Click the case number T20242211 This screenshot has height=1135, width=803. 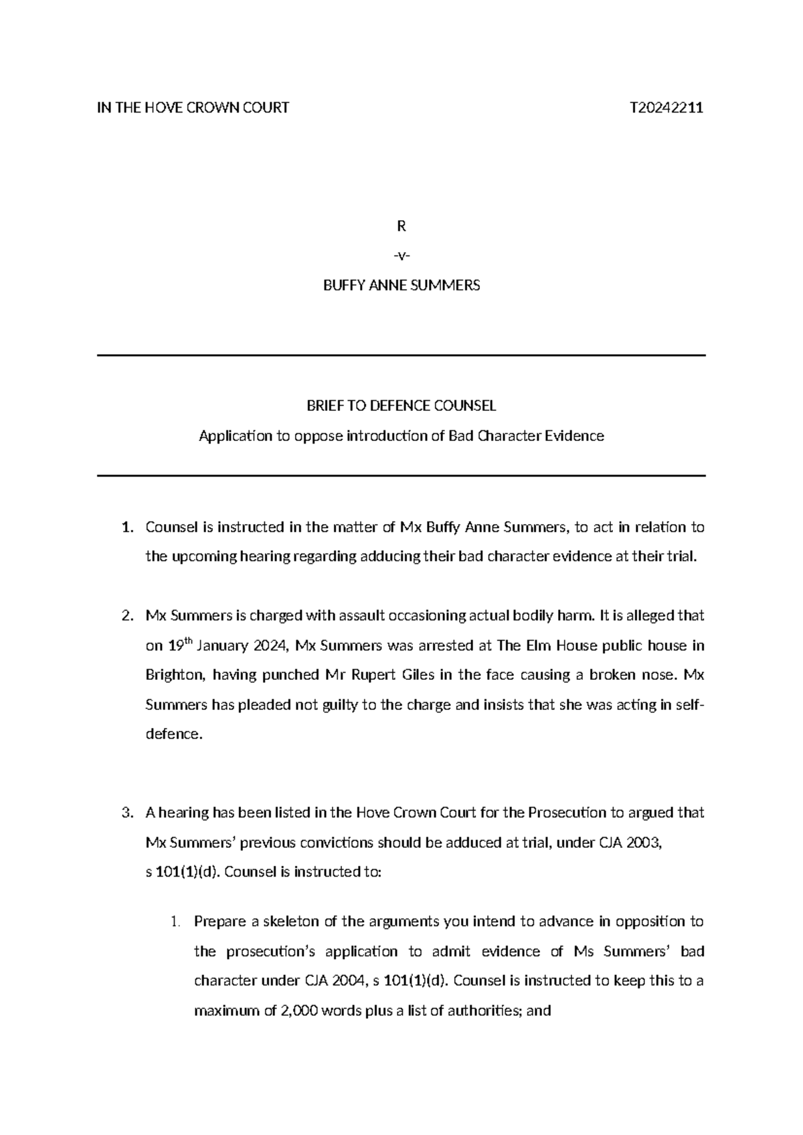tap(666, 108)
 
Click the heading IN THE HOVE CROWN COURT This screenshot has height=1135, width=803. tap(193, 108)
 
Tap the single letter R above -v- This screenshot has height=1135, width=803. tap(401, 226)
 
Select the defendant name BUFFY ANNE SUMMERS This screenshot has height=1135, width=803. tap(401, 286)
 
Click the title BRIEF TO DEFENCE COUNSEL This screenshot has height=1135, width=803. tap(401, 406)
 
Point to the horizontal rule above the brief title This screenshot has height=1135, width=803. tap(401, 355)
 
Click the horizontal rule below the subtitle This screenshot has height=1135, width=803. tap(401, 476)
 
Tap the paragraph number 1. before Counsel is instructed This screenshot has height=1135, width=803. tap(127, 527)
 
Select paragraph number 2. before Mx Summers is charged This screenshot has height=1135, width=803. tap(127, 616)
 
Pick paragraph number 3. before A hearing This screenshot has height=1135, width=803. tap(127, 813)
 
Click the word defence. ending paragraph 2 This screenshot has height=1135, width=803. tap(173, 734)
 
